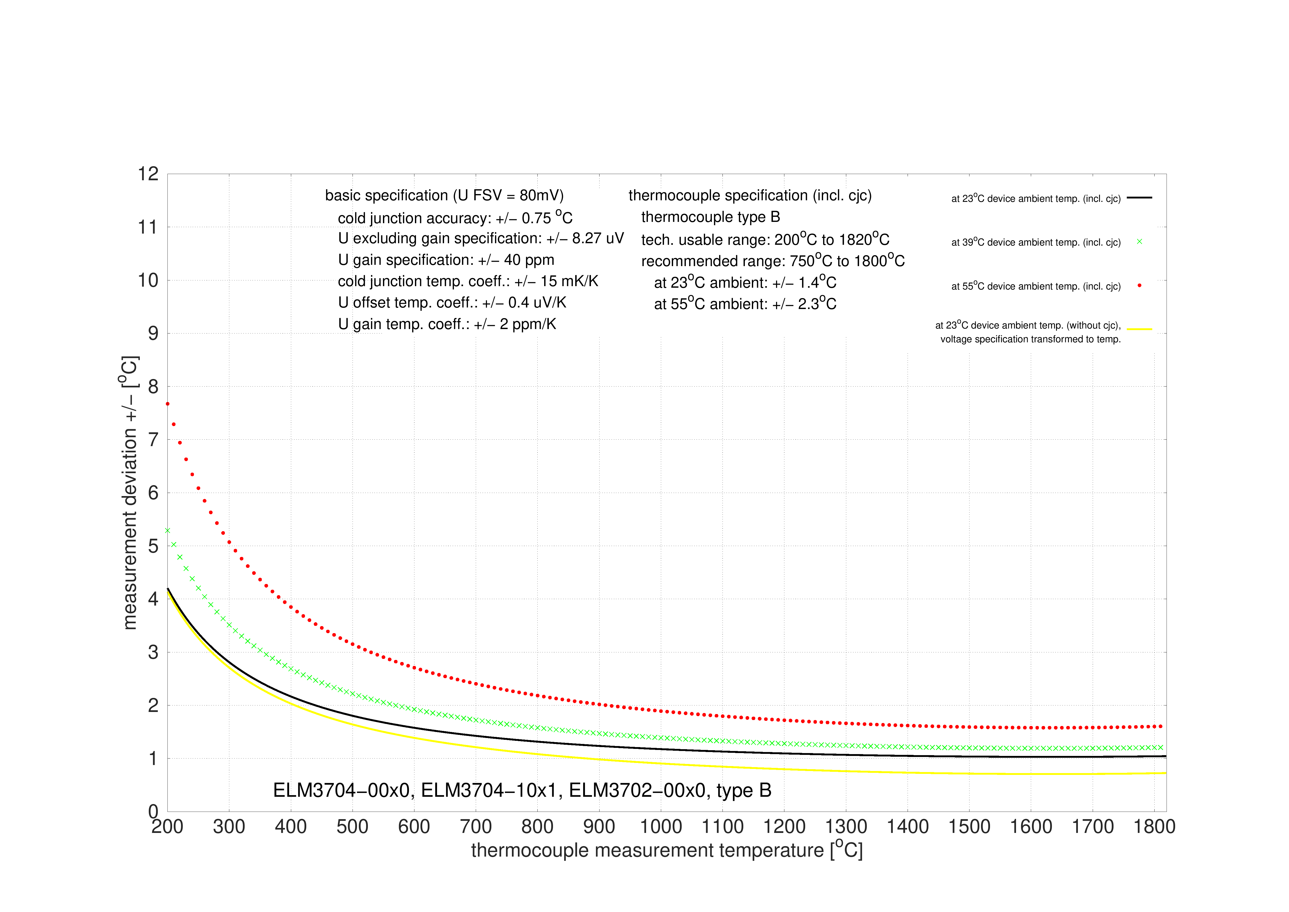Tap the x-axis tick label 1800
1154,827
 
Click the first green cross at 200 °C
167,530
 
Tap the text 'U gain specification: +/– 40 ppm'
446,260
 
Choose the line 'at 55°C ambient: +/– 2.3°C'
745,303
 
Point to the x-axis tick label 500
353,827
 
